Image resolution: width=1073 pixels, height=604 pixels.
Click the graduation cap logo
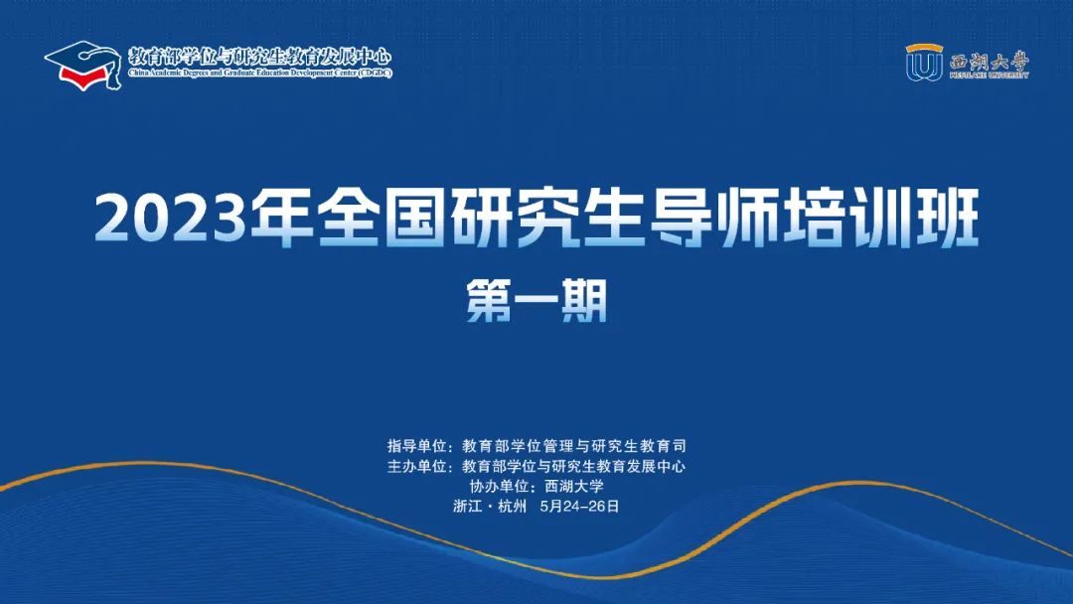pos(83,66)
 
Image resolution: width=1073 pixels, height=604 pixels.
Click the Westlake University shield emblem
pos(924,63)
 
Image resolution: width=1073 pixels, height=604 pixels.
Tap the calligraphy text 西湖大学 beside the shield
pos(989,63)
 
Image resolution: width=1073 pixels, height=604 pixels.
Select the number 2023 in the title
pos(171,219)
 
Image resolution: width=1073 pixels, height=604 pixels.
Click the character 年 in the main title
pos(281,219)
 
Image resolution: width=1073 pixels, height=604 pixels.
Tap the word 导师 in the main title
pos(712,219)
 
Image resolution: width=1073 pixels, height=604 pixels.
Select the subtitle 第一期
pos(537,301)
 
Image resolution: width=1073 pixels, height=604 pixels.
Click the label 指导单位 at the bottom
pos(416,446)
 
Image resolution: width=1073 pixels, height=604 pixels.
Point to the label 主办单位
pos(416,467)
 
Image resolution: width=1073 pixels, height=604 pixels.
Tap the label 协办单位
pos(498,487)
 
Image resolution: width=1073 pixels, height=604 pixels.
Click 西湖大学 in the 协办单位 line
pos(574,487)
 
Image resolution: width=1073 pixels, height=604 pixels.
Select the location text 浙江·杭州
pos(490,507)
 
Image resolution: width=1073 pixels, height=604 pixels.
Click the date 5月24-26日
pos(579,507)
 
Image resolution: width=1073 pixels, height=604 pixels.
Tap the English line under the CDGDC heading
pos(260,74)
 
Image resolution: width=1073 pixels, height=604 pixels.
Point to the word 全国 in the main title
pos(382,219)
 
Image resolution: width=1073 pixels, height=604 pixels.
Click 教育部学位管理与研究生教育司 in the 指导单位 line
pos(574,446)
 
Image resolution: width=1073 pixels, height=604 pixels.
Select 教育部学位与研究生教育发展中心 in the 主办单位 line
pos(573,467)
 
